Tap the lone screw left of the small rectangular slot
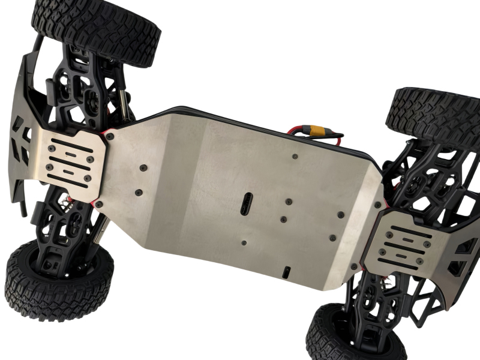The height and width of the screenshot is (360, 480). click(244, 243)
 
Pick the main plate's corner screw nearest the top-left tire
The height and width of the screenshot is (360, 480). click(110, 137)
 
